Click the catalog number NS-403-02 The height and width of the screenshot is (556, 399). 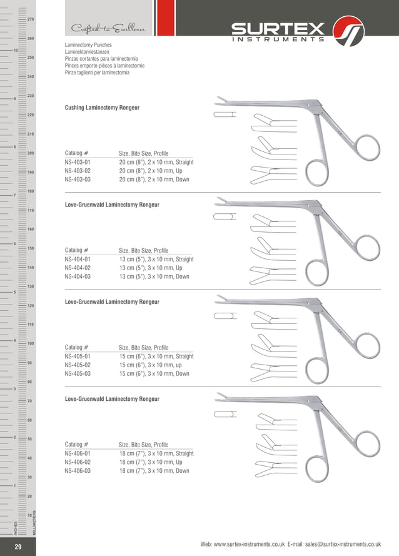coord(78,171)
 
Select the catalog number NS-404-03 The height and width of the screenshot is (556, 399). coord(78,276)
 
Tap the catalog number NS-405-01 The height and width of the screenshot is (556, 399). coord(78,356)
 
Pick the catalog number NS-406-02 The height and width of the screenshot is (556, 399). coord(78,462)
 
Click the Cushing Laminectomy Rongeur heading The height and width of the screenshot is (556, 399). coord(102,108)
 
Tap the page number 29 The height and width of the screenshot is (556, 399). coord(18,547)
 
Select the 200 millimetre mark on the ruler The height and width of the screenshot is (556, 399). coord(31,153)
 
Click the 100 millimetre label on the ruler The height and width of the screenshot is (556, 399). coord(31,344)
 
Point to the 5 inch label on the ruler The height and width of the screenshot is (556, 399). coord(14,292)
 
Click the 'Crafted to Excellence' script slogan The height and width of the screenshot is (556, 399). coord(109,29)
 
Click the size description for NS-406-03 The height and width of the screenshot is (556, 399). coord(154,471)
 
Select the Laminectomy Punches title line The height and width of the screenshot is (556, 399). coord(88,46)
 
